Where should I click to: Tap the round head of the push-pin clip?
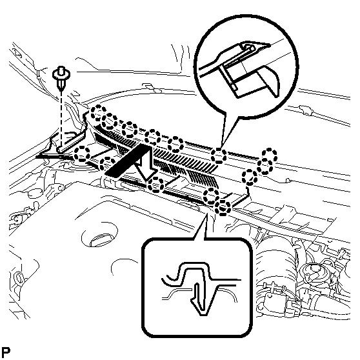[x=61, y=73]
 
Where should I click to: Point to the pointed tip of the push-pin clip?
[x=61, y=90]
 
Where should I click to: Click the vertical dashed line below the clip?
[x=61, y=119]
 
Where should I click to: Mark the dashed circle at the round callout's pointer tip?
[x=219, y=156]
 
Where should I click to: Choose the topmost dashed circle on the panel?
[x=99, y=113]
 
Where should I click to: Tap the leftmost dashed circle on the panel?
[x=82, y=154]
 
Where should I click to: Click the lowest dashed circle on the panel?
[x=222, y=207]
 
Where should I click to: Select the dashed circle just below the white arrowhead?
[x=156, y=185]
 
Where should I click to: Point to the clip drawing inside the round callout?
[x=247, y=69]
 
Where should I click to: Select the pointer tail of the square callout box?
[x=202, y=226]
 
